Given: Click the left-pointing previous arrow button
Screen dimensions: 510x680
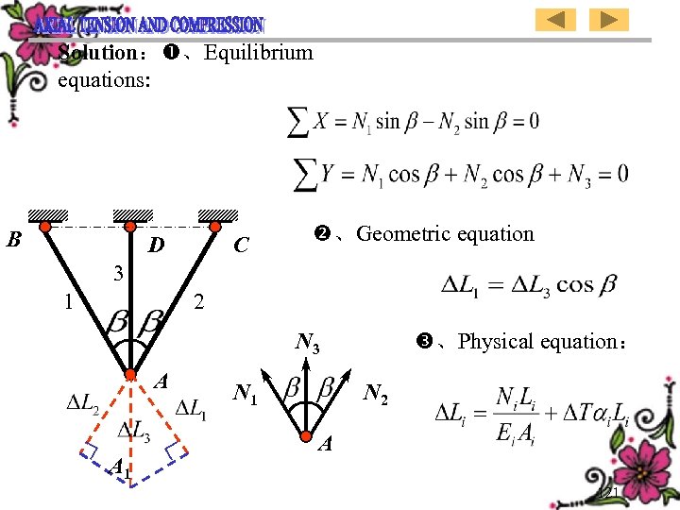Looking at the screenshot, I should (x=556, y=19).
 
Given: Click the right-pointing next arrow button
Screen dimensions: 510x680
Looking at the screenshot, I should (x=610, y=19).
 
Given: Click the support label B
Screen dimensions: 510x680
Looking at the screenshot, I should (x=13, y=239).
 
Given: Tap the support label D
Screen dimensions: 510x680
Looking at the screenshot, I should (x=156, y=246).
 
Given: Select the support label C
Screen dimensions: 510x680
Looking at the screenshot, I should (x=241, y=246).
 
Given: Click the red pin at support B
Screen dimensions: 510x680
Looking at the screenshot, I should (x=43, y=225).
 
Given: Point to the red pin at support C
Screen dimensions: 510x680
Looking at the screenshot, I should (x=216, y=225).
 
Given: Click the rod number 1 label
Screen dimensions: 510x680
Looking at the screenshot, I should (x=67, y=303).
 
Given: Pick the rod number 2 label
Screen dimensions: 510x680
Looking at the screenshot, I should (x=198, y=303).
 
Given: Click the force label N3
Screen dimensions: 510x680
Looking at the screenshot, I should (x=308, y=342).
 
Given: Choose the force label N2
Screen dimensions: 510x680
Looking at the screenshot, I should (x=376, y=392).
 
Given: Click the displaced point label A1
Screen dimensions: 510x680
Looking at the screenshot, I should (x=119, y=467).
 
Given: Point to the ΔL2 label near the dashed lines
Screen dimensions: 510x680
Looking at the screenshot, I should (x=82, y=404).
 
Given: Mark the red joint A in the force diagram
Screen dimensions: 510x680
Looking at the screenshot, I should (x=307, y=435).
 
